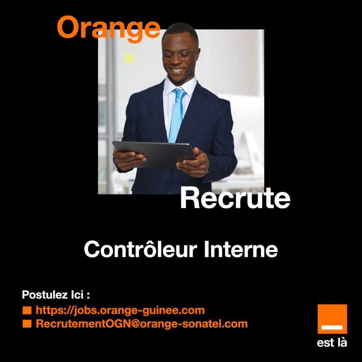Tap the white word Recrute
235,198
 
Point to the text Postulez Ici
56,295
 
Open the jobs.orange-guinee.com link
120,310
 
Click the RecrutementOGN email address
142,323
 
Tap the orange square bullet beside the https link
27,310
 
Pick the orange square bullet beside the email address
27,323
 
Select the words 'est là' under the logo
332,343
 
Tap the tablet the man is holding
154,154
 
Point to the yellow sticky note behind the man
129,58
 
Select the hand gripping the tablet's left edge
129,159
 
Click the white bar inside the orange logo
332,327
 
